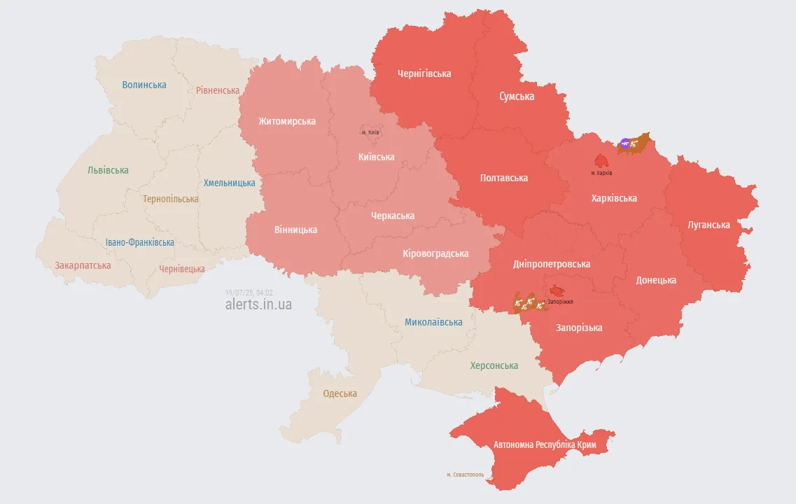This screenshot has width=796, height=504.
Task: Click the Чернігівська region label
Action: click(424, 73)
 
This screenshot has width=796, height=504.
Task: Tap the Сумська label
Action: click(517, 97)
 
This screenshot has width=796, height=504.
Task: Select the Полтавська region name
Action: click(504, 178)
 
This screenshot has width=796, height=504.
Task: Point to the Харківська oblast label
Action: click(614, 198)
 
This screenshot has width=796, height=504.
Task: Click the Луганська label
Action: click(708, 225)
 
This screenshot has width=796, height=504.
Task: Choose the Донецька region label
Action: click(656, 280)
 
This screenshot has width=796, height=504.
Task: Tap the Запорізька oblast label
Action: click(579, 328)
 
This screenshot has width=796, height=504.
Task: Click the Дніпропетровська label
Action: click(552, 264)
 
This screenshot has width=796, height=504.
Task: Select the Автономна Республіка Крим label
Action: click(545, 444)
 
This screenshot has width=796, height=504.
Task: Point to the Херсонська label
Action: click(494, 365)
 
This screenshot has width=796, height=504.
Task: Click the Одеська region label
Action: click(340, 393)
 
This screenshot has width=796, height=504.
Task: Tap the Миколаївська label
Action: click(433, 322)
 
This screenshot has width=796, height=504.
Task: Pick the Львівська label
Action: click(108, 170)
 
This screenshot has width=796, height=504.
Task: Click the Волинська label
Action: click(144, 85)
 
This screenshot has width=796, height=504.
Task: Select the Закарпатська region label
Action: click(83, 265)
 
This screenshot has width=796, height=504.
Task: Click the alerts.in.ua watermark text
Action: click(258, 304)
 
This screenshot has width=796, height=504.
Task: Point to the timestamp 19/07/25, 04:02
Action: click(249, 293)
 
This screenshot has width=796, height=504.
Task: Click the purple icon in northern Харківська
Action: click(624, 143)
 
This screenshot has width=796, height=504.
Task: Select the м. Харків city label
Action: click(601, 172)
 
